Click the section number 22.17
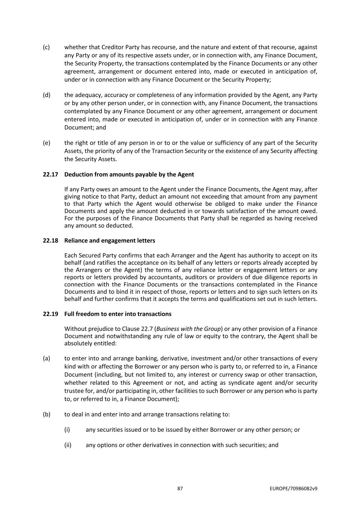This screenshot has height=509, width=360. click(x=50, y=175)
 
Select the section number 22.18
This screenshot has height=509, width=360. click(x=50, y=241)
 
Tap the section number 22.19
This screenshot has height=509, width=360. click(x=50, y=314)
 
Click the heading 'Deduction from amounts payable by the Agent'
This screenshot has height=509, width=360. click(x=129, y=175)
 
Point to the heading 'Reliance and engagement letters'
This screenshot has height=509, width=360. click(x=110, y=241)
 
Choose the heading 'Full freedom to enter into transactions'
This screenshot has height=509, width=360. click(x=118, y=314)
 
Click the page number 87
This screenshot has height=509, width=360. click(x=180, y=488)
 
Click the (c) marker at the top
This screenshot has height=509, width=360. click(x=46, y=47)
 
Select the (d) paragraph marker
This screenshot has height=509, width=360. click(x=46, y=95)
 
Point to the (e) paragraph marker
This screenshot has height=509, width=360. click(x=46, y=143)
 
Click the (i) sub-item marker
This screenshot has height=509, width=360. click(x=67, y=430)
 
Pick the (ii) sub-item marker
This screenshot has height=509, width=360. click(x=68, y=445)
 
